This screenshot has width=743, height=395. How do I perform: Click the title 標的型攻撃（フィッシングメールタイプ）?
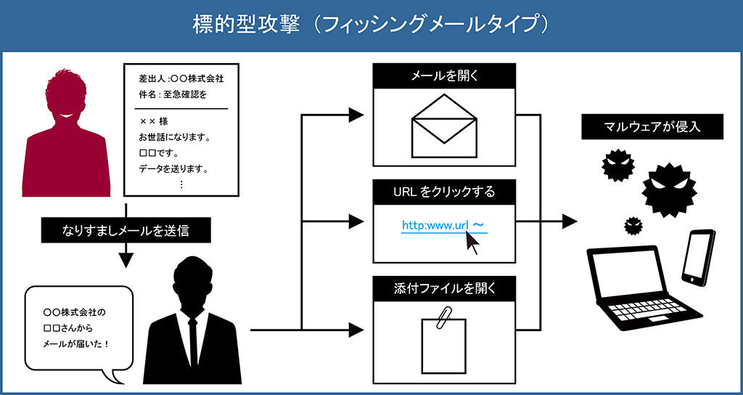coord(371,25)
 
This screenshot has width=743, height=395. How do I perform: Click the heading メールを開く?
coord(443,76)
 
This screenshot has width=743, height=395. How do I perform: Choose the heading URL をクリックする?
coord(443,192)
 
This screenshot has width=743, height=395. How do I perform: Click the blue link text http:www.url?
coord(436,226)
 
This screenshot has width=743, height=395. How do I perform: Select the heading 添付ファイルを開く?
coord(443,288)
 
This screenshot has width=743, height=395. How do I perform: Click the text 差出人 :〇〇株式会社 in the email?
coord(181,78)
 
